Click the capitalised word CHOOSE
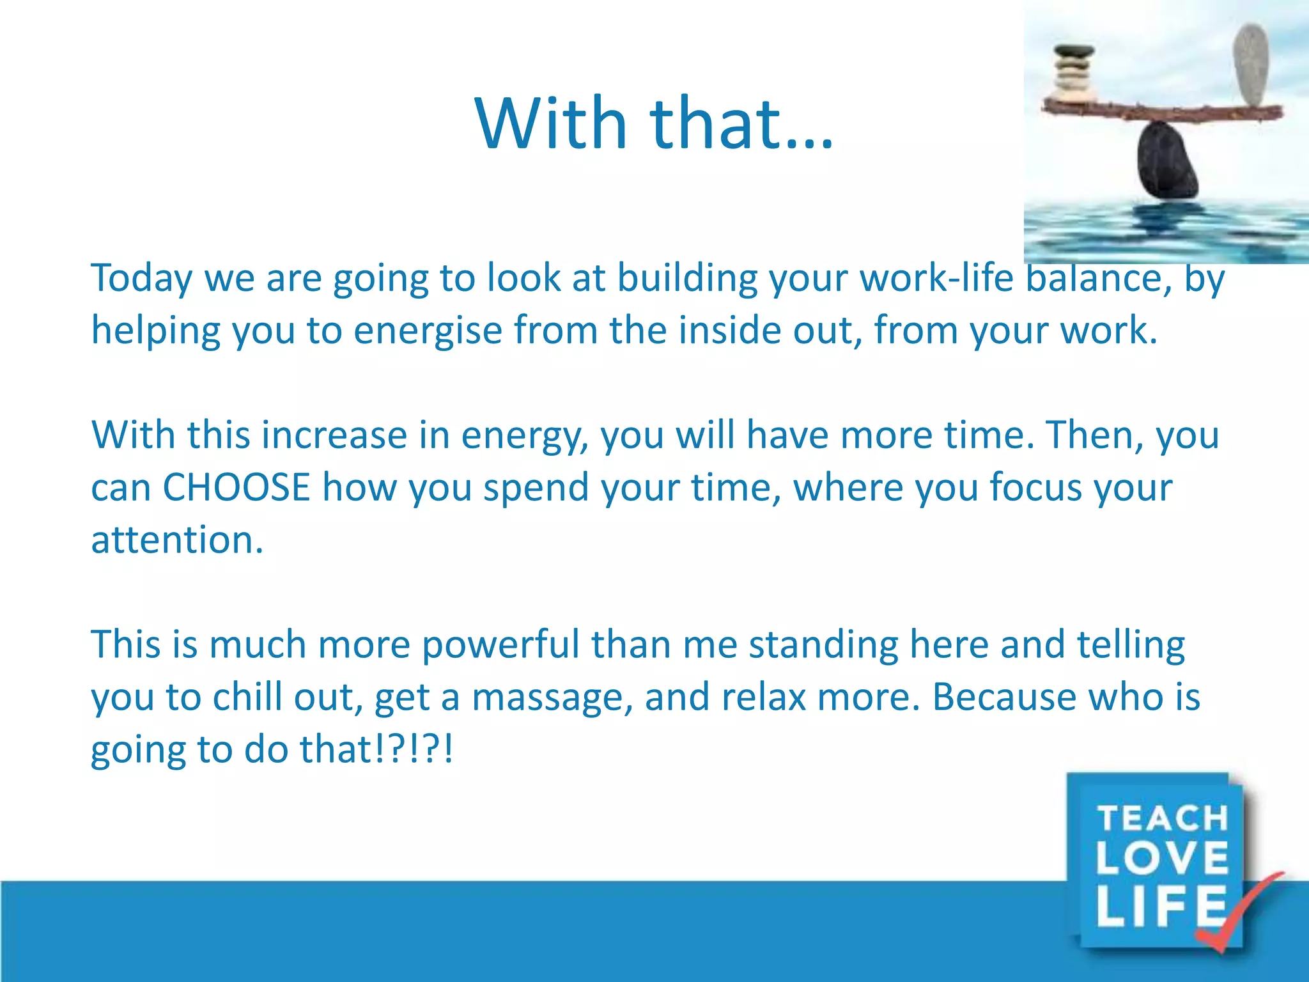(x=236, y=487)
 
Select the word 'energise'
(x=428, y=331)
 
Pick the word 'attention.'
(x=177, y=540)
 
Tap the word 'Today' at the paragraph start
(x=142, y=279)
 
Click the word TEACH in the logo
(x=1163, y=819)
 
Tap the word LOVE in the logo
(x=1163, y=857)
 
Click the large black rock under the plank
(x=1167, y=162)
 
